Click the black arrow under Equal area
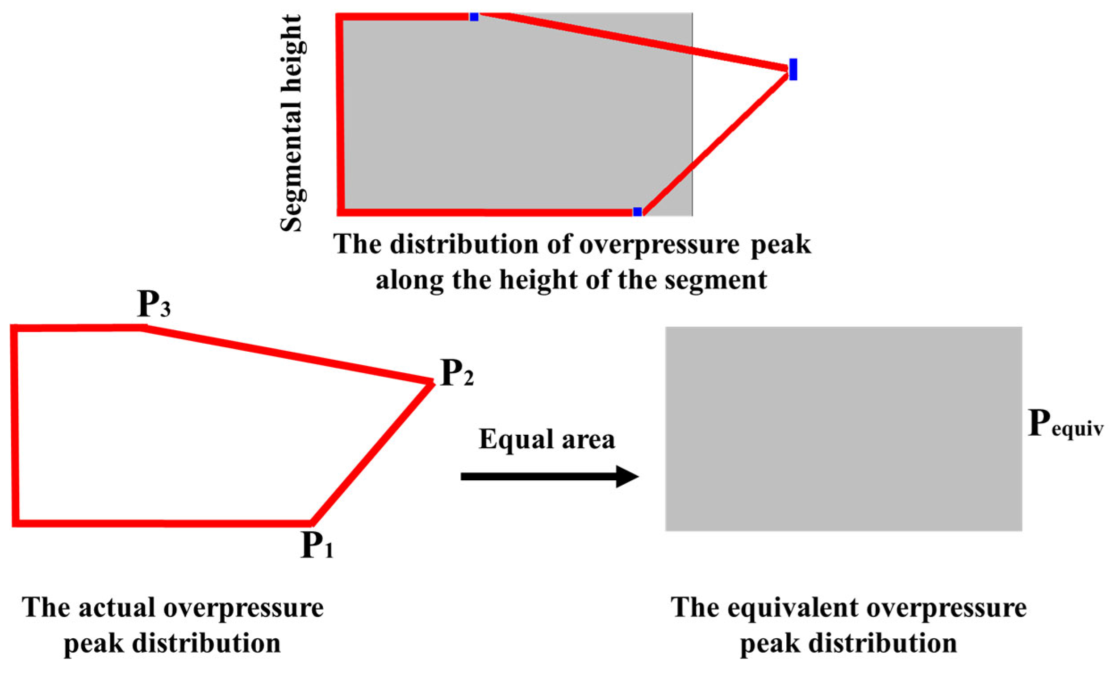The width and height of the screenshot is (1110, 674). pyautogui.click(x=549, y=476)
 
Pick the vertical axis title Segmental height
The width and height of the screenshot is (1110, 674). pyautogui.click(x=293, y=123)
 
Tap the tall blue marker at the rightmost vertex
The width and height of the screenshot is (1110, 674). pyautogui.click(x=793, y=69)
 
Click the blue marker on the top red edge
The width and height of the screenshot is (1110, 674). pyautogui.click(x=474, y=17)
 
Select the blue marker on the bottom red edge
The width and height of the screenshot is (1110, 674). pyautogui.click(x=637, y=212)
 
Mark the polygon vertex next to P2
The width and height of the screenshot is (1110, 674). pyautogui.click(x=431, y=383)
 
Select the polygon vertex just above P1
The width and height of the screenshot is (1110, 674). pyautogui.click(x=311, y=523)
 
